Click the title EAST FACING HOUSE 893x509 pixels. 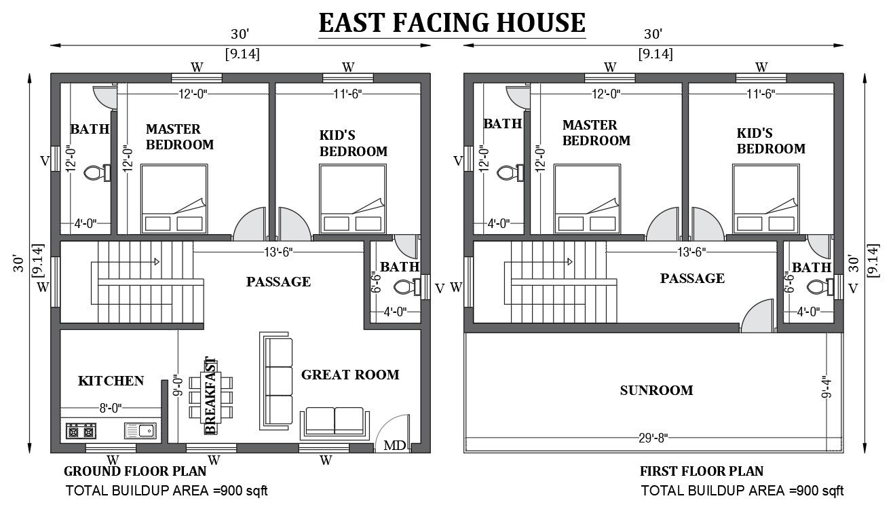(x=451, y=23)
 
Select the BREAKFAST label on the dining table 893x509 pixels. (x=210, y=395)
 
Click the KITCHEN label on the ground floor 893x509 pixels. (x=111, y=381)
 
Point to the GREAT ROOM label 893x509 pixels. (x=350, y=374)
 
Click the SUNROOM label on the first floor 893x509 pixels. (x=656, y=390)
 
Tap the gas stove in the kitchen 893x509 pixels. (x=81, y=430)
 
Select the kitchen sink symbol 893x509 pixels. (x=140, y=430)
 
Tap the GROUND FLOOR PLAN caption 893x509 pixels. (x=145, y=471)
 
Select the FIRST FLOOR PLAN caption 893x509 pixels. (x=701, y=471)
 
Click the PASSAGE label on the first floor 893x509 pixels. (x=692, y=278)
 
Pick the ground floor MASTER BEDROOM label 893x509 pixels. (x=179, y=136)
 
